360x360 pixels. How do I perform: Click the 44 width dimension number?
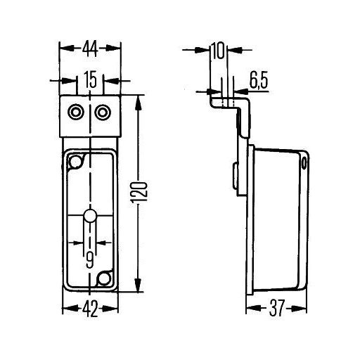pos(90,49)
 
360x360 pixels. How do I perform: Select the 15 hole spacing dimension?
pos(91,80)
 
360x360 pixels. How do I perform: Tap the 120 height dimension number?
pos(140,192)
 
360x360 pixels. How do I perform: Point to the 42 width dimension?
pos(91,309)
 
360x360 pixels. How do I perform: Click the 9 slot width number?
pos(90,259)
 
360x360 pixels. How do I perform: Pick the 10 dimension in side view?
pos(217,51)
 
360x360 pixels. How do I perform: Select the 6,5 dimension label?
pos(259,82)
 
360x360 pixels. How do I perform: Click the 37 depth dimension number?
pos(276,308)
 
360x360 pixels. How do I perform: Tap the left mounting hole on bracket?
pos(76,112)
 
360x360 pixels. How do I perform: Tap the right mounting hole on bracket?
pos(103,112)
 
